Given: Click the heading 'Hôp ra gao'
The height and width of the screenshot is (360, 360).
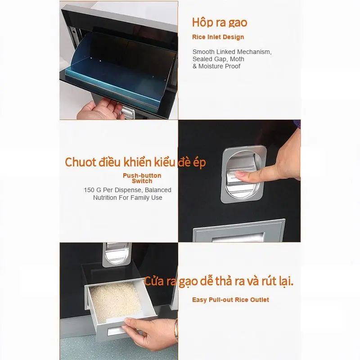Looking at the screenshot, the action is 220,23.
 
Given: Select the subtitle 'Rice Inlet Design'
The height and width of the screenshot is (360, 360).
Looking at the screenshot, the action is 218,37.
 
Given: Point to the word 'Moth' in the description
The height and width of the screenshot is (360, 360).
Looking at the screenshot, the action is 237,59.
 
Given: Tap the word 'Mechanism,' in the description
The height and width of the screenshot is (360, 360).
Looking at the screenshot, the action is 255,52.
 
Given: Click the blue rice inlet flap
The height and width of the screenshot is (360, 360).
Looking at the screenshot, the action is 119,69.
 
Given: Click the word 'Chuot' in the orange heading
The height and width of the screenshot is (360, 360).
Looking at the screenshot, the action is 81,162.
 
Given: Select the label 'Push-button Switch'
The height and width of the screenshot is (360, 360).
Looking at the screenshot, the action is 142,178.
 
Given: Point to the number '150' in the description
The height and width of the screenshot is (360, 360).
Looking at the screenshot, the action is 89,190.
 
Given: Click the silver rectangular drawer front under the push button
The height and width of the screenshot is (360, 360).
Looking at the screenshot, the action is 239,231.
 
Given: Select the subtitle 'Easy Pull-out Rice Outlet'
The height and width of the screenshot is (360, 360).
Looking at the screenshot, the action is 230,300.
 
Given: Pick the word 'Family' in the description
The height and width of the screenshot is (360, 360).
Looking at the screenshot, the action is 136,198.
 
